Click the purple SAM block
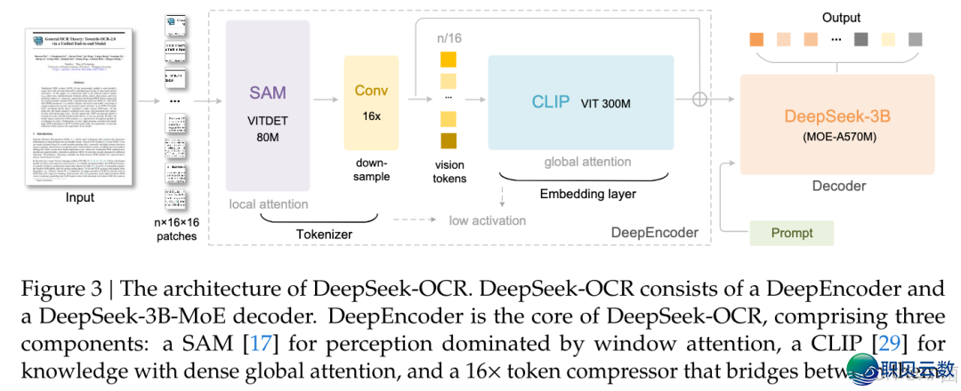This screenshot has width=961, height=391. [x=268, y=108]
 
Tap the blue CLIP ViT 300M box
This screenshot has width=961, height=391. [x=579, y=102]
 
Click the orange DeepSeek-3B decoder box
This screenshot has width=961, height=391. [x=837, y=125]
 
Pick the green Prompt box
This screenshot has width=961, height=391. [x=791, y=233]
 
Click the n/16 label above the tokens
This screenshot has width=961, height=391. [x=448, y=38]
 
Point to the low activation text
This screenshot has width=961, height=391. [x=487, y=219]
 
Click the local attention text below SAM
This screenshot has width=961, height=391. [x=269, y=203]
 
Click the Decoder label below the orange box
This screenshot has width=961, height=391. [x=838, y=185]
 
